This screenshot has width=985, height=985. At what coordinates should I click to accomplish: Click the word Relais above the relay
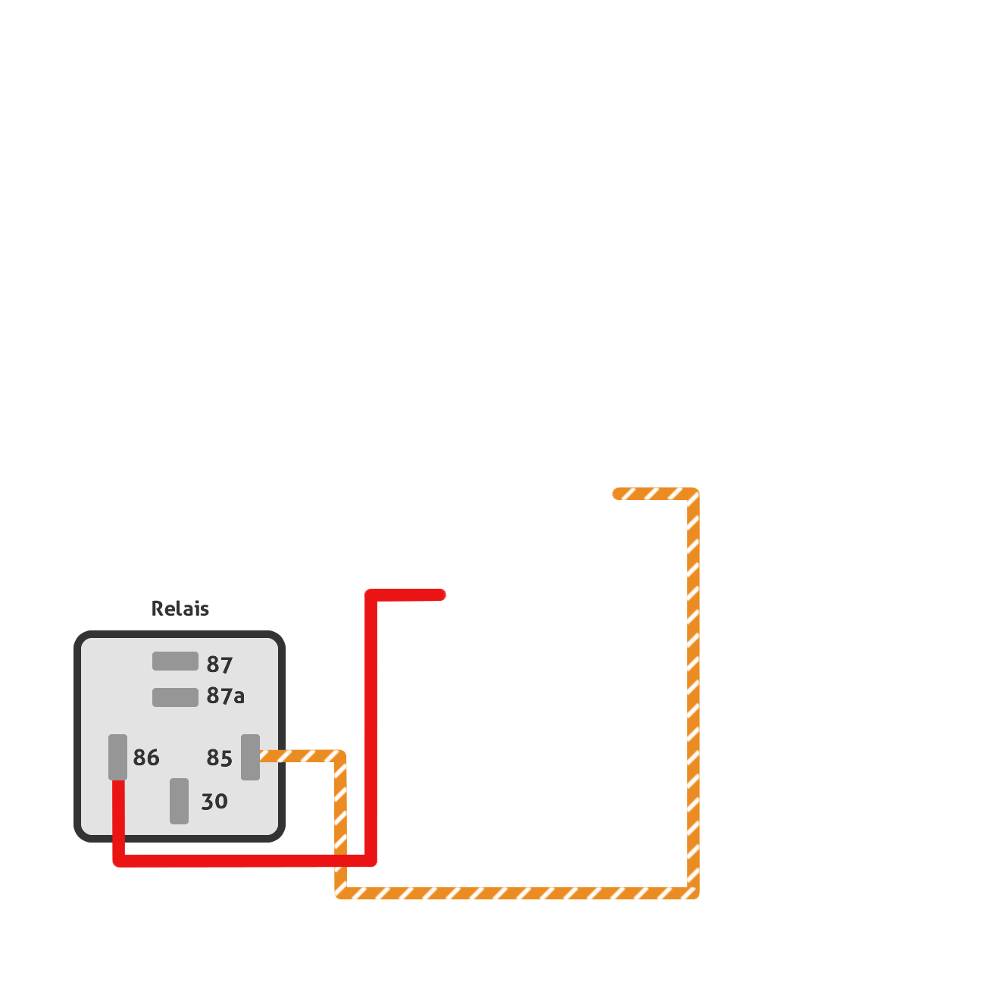(180, 608)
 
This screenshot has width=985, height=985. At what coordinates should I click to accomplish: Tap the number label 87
(219, 664)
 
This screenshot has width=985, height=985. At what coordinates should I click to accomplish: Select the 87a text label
(226, 696)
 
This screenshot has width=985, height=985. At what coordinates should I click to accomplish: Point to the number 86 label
(146, 758)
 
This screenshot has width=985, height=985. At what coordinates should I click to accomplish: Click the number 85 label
(219, 758)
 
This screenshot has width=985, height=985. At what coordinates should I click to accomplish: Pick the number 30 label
(214, 802)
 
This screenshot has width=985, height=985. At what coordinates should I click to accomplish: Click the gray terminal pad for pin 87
(175, 661)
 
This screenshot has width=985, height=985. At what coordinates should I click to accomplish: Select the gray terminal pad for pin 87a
(175, 697)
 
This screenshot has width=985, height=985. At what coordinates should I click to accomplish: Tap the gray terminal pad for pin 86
(117, 758)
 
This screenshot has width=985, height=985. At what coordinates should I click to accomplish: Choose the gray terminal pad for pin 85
(251, 758)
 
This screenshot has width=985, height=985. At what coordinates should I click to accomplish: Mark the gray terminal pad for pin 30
(180, 802)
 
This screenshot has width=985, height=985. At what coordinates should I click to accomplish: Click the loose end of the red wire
(441, 595)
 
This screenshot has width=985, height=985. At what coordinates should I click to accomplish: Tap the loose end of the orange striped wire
(618, 494)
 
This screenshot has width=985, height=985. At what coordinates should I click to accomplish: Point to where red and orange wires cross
(341, 861)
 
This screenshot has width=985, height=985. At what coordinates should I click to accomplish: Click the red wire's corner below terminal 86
(119, 861)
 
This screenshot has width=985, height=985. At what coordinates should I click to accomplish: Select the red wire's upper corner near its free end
(371, 595)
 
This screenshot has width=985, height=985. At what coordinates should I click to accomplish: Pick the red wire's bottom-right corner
(371, 860)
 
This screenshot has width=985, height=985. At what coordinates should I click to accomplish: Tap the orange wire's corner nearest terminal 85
(340, 756)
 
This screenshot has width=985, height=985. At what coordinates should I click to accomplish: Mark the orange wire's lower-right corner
(693, 893)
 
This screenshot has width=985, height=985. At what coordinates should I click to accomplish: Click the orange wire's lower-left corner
(341, 893)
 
